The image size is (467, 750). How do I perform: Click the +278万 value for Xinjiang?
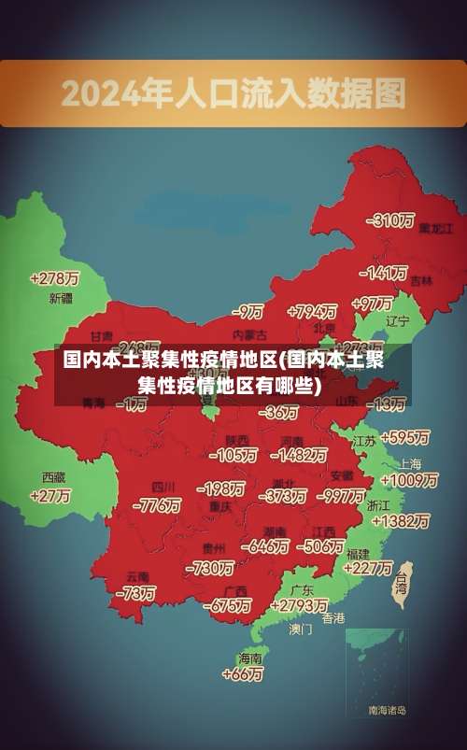[54, 278]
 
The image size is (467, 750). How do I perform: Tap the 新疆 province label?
[61, 299]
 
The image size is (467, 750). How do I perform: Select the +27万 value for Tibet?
[50, 496]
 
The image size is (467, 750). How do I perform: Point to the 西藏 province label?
[53, 476]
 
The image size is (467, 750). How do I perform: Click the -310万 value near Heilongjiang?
[392, 220]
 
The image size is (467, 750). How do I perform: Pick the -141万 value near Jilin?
[385, 274]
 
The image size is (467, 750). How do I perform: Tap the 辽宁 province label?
[398, 320]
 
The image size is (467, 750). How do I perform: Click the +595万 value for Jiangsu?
[405, 437]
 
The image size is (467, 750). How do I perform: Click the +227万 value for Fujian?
[368, 567]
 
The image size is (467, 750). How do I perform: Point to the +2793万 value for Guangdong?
[297, 606]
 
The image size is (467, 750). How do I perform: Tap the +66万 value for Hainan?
[243, 673]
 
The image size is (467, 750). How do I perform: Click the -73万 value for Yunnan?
[136, 592]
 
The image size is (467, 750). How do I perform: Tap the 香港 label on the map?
[333, 618]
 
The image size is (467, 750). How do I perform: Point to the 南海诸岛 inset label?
[387, 711]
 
